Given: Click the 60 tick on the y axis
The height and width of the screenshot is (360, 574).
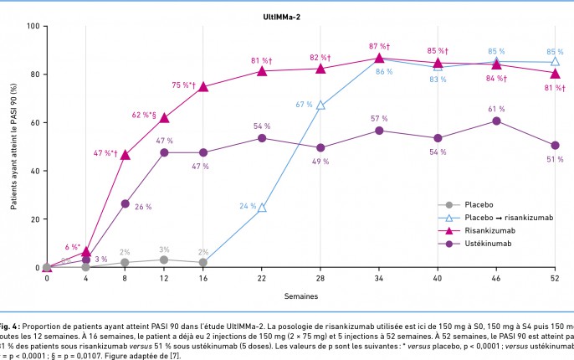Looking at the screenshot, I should tap(35, 123).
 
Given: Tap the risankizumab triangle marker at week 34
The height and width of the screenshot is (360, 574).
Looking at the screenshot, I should tap(379, 58).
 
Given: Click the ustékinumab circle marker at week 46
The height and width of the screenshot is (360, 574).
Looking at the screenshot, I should tap(497, 121).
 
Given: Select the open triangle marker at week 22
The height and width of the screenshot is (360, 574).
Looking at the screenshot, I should tap(262, 208).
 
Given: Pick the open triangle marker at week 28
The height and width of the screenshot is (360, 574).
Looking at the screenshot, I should tap(320, 105).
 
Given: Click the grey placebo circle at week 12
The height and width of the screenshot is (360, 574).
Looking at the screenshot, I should tap(164, 260).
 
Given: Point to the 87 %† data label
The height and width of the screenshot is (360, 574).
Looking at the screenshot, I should tap(379, 45).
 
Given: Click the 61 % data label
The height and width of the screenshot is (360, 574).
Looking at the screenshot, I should tap(497, 109).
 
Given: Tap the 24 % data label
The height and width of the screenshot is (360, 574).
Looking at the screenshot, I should tap(248, 205).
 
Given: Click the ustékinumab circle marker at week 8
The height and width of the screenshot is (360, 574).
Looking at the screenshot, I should tap(126, 203).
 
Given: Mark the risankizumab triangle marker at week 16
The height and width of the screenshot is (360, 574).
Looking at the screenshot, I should tap(203, 87).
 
